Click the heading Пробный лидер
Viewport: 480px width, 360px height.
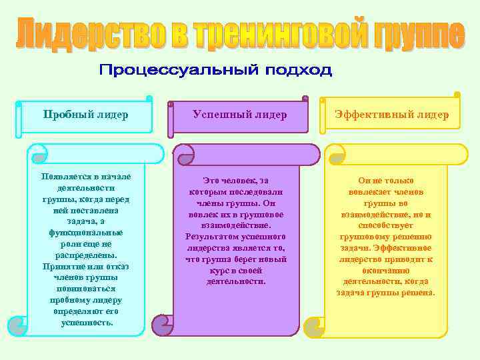tap(85, 114)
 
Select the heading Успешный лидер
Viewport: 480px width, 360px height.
tap(240, 115)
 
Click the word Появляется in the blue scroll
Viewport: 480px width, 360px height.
tap(65, 177)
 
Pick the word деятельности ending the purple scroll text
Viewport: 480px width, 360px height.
tap(236, 281)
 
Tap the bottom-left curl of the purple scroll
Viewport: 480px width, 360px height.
tap(163, 325)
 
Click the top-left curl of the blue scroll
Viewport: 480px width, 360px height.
tap(39, 154)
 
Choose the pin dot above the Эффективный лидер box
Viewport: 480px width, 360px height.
tap(456, 94)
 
